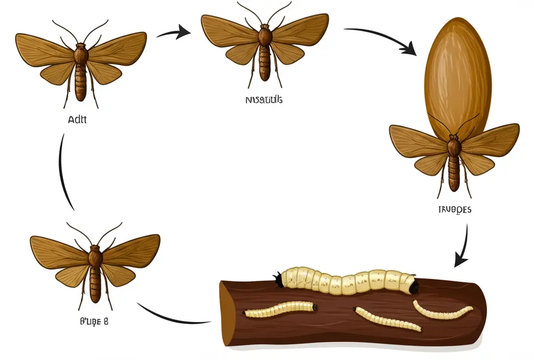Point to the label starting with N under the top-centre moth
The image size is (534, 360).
(x=263, y=100)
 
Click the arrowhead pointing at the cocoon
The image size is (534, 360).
(x=409, y=48)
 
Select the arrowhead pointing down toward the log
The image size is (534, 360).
(x=460, y=259)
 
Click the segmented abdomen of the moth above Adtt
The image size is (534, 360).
(x=80, y=83)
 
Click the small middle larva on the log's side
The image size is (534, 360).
(x=386, y=318)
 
